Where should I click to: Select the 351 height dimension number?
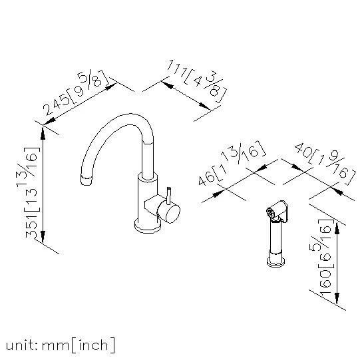pos(31,227)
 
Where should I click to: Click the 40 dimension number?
pos(303,150)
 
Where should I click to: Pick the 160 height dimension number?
pos(325,281)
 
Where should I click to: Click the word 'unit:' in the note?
pos(22,345)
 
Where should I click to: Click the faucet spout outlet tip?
pos(86,180)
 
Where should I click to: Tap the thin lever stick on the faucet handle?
pos(169,196)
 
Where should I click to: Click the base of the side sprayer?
pos(276,262)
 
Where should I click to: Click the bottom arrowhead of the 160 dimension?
pos(337,299)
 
